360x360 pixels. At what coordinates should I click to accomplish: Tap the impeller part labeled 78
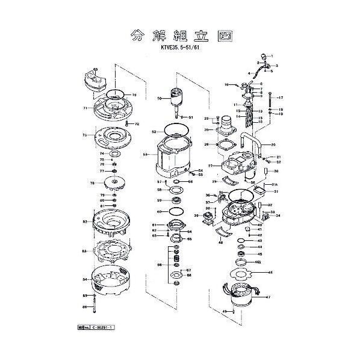coord(112,183)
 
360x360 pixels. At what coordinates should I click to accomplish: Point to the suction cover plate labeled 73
coord(113,138)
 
